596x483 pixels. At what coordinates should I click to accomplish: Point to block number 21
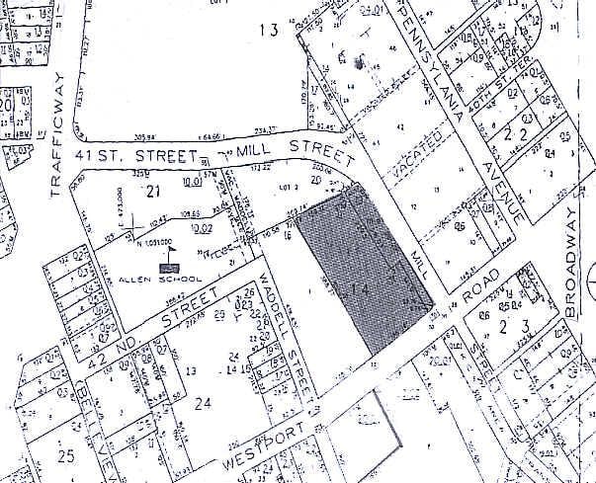(x=151, y=190)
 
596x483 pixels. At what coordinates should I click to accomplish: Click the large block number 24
(x=204, y=402)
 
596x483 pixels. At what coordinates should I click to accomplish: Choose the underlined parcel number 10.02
(x=201, y=227)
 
